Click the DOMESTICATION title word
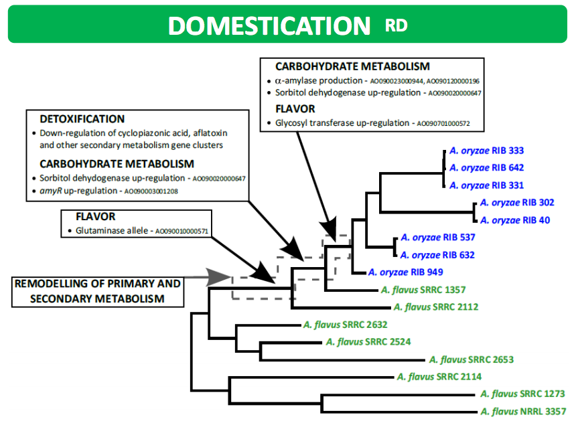269,25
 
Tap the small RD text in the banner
396,25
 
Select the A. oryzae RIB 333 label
486,151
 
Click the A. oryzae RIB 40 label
515,220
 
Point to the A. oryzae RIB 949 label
405,272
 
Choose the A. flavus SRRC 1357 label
423,290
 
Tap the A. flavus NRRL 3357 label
523,412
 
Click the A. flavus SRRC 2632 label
345,325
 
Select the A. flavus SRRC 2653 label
472,359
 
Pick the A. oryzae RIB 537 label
438,238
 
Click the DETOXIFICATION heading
82,119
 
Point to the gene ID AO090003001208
151,191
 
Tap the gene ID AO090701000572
443,124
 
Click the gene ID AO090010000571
182,232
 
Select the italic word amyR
51,191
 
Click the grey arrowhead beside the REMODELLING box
218,277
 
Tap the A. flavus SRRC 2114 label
439,377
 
